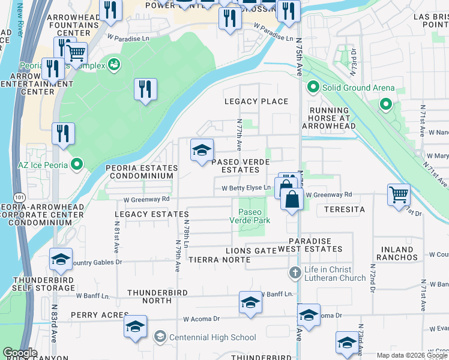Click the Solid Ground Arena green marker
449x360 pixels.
pyautogui.click(x=313, y=88)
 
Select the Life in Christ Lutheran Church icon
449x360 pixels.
pyautogui.click(x=294, y=273)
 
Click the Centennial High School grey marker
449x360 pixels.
pyautogui.click(x=160, y=337)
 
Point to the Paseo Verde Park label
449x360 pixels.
pyautogui.click(x=250, y=216)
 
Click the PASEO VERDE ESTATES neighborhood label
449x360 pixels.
pyautogui.click(x=240, y=166)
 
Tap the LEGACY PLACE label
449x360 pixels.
pyautogui.click(x=256, y=101)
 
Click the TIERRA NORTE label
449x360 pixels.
pyautogui.click(x=219, y=259)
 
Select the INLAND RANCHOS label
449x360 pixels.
pyautogui.click(x=395, y=253)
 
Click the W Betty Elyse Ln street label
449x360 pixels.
pyautogui.click(x=246, y=188)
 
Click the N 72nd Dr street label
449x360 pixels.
pyautogui.click(x=372, y=277)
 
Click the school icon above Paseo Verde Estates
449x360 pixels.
pyautogui.click(x=202, y=150)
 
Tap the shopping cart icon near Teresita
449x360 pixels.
pyautogui.click(x=399, y=194)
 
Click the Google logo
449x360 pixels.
pyautogui.click(x=20, y=353)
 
